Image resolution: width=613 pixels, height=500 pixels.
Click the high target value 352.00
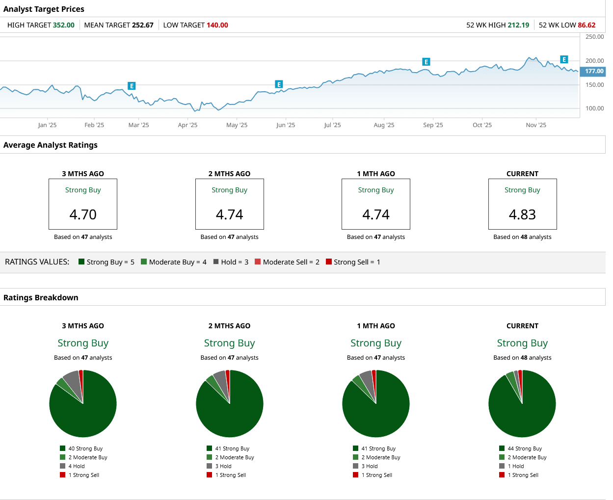click(63, 25)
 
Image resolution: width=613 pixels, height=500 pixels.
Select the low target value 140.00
click(217, 25)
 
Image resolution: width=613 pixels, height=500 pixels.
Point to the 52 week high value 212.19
click(518, 25)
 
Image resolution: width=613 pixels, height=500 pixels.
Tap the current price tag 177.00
click(593, 71)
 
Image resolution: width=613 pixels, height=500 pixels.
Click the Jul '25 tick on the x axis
click(332, 125)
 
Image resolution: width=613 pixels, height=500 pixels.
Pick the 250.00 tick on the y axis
click(594, 37)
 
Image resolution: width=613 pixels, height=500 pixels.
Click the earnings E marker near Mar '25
click(132, 86)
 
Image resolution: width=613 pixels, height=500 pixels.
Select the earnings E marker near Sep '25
click(426, 62)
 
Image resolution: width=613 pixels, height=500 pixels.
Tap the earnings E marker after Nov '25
click(564, 59)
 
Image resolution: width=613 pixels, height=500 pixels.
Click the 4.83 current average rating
click(522, 214)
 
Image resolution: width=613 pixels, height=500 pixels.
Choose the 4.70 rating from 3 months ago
click(83, 214)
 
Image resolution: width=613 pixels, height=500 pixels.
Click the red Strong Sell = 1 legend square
click(329, 262)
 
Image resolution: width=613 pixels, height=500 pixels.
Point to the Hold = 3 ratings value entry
click(231, 262)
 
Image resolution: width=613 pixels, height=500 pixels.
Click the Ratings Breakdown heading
click(41, 297)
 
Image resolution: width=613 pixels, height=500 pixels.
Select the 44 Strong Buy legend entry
click(524, 448)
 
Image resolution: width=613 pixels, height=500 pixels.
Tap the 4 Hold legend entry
click(76, 466)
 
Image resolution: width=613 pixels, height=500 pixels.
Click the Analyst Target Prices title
click(44, 9)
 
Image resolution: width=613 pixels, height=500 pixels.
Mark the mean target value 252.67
click(142, 25)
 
